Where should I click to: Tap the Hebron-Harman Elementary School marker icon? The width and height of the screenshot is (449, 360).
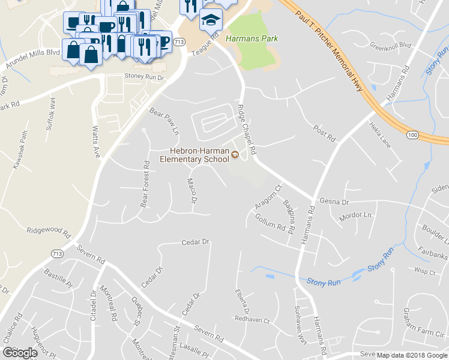(x=235, y=155)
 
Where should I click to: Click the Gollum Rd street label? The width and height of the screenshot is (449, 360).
(x=270, y=224)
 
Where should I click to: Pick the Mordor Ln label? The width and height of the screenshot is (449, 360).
(x=356, y=215)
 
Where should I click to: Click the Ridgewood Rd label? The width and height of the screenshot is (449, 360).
(x=49, y=230)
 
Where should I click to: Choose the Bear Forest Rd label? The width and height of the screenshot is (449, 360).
(x=145, y=184)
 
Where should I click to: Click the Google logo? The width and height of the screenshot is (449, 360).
(x=19, y=352)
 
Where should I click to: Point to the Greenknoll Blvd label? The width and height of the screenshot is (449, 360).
(x=390, y=45)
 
